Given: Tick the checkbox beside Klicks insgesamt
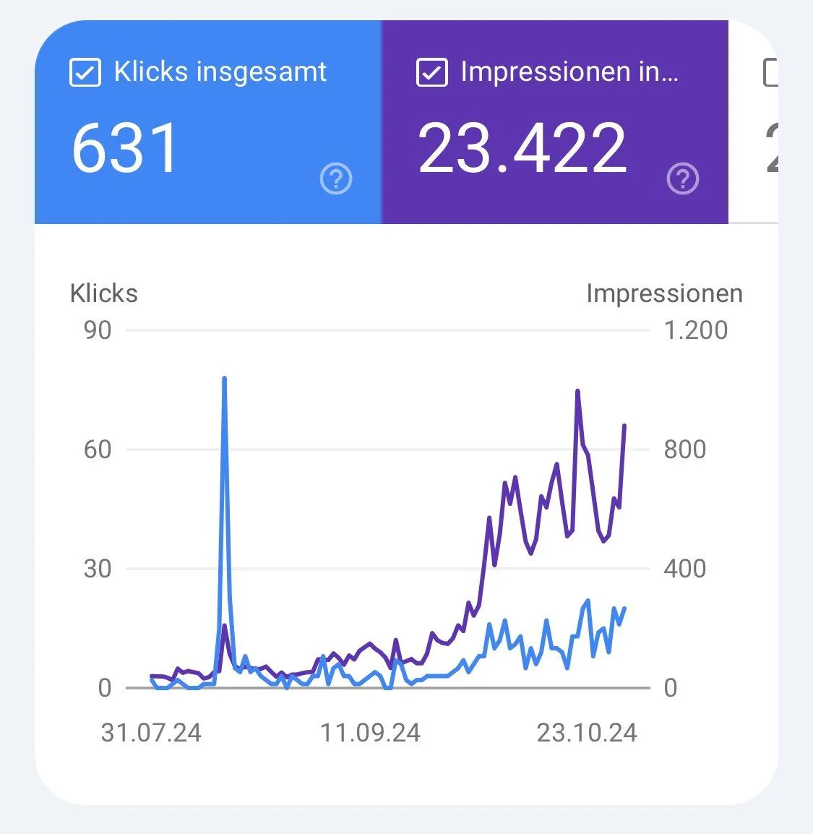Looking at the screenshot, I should pyautogui.click(x=85, y=73).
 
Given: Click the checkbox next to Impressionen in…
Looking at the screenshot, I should pyautogui.click(x=431, y=73).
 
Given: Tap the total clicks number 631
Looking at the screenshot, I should pyautogui.click(x=125, y=148).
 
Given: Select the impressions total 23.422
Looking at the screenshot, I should pyautogui.click(x=522, y=148).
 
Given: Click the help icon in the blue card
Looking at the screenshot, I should pyautogui.click(x=336, y=179).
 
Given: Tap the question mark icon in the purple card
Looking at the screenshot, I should pyautogui.click(x=683, y=179).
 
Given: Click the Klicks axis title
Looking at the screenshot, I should pyautogui.click(x=103, y=293).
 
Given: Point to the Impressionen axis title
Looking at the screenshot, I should pyautogui.click(x=664, y=293).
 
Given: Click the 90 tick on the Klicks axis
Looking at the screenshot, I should pyautogui.click(x=98, y=330).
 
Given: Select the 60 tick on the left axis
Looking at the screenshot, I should pyautogui.click(x=98, y=450).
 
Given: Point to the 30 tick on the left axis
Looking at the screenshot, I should pyautogui.click(x=98, y=569).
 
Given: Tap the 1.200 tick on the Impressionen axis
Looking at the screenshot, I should pyautogui.click(x=695, y=330).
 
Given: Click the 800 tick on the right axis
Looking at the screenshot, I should pyautogui.click(x=684, y=450).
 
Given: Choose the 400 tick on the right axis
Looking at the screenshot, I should pyautogui.click(x=684, y=569).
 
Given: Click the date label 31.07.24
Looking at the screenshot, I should pyautogui.click(x=151, y=733).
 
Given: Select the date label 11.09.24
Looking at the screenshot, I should pyautogui.click(x=370, y=733).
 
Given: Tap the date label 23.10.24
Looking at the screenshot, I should pyautogui.click(x=587, y=733).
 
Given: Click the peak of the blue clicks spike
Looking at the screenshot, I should pyautogui.click(x=224, y=378).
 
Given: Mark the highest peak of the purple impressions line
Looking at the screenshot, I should pyautogui.click(x=577, y=391).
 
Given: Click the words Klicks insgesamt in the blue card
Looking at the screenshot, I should pyautogui.click(x=220, y=72).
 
